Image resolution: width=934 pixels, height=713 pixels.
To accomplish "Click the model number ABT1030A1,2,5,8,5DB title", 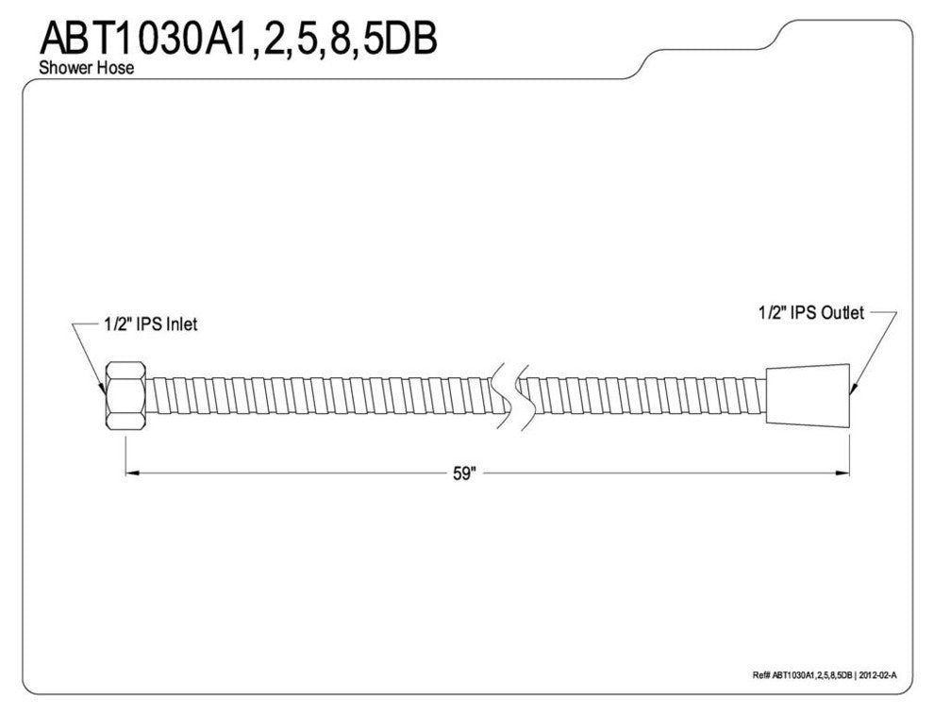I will pyautogui.click(x=236, y=39).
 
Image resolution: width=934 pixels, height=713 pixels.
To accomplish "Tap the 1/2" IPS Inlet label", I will pyautogui.click(x=149, y=324).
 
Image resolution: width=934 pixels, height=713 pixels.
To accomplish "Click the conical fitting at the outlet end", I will pyautogui.click(x=808, y=395).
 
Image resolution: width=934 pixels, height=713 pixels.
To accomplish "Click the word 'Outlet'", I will pyautogui.click(x=842, y=312).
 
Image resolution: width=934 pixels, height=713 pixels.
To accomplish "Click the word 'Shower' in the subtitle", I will pyautogui.click(x=59, y=69).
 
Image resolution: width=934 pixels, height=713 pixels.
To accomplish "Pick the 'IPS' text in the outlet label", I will pyautogui.click(x=803, y=312).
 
